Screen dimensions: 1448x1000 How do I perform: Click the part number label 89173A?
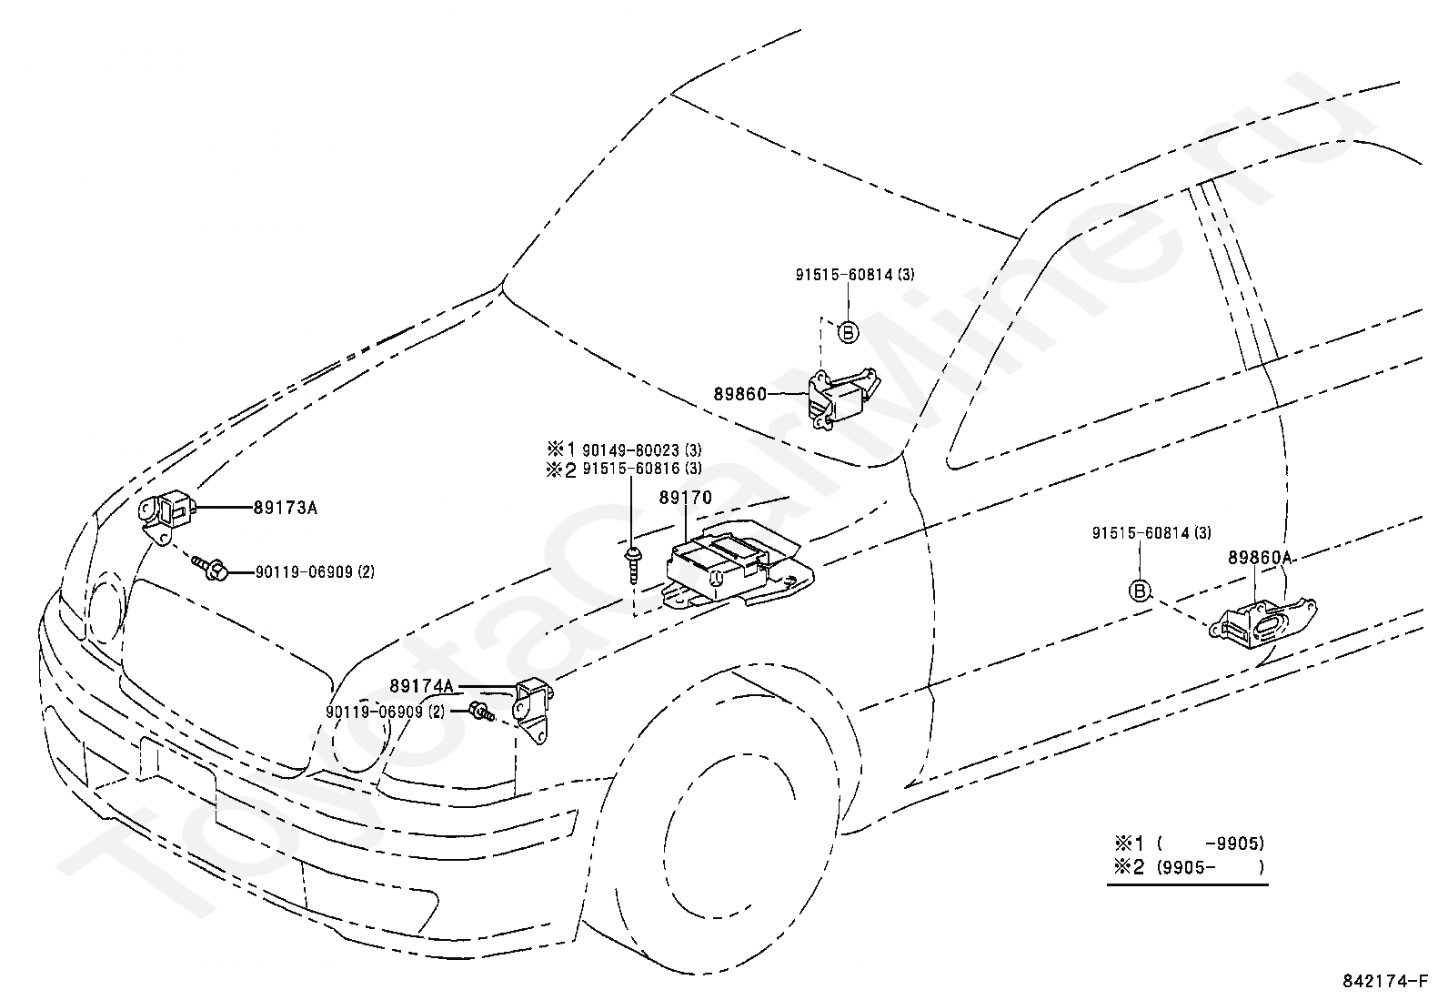(285, 508)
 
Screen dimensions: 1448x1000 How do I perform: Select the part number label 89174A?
(421, 686)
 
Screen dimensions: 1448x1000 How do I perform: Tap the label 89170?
(685, 498)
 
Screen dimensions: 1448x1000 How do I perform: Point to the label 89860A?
(1259, 557)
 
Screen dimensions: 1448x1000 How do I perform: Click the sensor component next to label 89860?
(841, 397)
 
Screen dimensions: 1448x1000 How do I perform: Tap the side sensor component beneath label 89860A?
(1262, 623)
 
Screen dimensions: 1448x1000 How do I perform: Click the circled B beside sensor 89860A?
(1140, 591)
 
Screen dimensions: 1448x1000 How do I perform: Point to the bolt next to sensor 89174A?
(481, 712)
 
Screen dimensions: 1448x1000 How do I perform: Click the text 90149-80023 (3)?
(641, 449)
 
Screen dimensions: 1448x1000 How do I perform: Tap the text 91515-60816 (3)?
(641, 469)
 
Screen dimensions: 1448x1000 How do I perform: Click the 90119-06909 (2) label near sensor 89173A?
(315, 571)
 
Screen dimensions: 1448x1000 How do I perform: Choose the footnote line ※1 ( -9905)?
(1189, 843)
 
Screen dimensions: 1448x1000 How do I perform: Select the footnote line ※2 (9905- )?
(1189, 867)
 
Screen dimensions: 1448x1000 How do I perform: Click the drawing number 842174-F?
(1384, 981)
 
